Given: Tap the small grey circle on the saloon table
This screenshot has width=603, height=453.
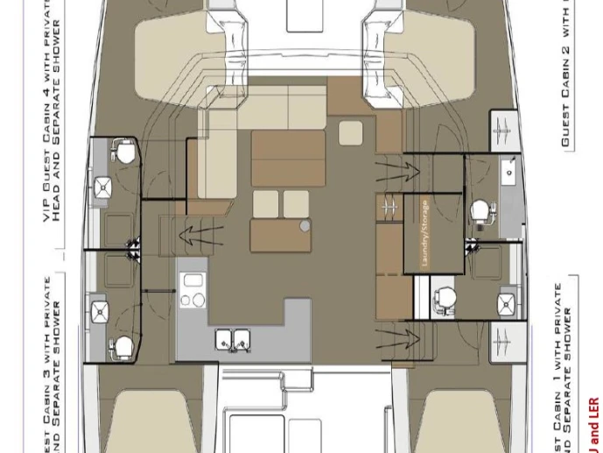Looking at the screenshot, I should (x=305, y=226).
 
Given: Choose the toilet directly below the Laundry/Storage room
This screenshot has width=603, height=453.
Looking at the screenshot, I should (x=445, y=297).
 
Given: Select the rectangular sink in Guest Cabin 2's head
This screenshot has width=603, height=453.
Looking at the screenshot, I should (x=508, y=170).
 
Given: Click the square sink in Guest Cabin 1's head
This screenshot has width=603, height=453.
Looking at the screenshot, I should (x=507, y=304).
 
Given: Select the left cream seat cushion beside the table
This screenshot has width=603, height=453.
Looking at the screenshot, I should (x=266, y=203).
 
